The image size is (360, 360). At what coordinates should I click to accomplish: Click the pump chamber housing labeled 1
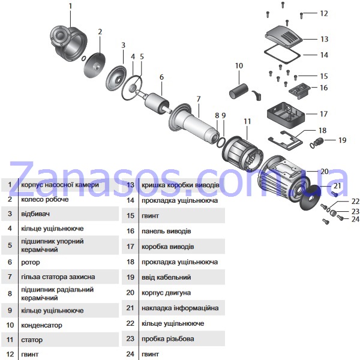[x=68, y=44]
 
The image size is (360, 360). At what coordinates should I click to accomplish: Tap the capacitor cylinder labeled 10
[x=239, y=92]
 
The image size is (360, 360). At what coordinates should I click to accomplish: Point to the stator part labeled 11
[x=242, y=154]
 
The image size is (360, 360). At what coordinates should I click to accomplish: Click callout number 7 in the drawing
[x=199, y=99]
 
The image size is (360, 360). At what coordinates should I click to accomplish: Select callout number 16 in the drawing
[x=324, y=88]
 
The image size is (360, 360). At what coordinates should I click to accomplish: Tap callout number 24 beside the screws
[x=355, y=219]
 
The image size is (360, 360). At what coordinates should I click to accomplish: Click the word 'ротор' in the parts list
[x=31, y=262]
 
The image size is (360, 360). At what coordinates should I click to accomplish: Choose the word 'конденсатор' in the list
[x=41, y=325]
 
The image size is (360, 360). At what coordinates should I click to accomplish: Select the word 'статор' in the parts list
[x=32, y=340]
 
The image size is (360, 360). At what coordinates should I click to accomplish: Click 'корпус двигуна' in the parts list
[x=166, y=293]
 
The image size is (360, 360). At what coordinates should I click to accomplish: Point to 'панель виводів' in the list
[x=166, y=231]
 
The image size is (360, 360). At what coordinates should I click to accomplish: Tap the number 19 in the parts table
[x=130, y=277]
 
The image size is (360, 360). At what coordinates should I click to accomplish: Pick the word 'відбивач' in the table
[x=35, y=214]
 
